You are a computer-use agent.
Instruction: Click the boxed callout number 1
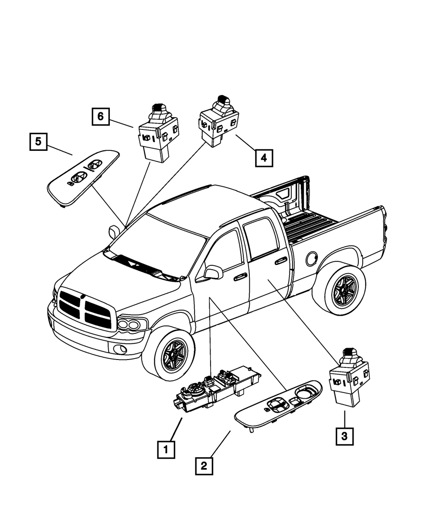pos(166,449)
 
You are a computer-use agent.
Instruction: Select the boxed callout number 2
pos(204,466)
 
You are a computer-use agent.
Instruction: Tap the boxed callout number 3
pos(344,436)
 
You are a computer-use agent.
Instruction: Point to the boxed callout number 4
pos(264,158)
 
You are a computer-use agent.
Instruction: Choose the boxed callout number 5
pos(38,142)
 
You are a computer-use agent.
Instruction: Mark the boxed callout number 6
pos(100,116)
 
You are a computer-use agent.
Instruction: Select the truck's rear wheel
pos(341,291)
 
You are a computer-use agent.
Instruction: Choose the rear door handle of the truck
pos(281,261)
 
